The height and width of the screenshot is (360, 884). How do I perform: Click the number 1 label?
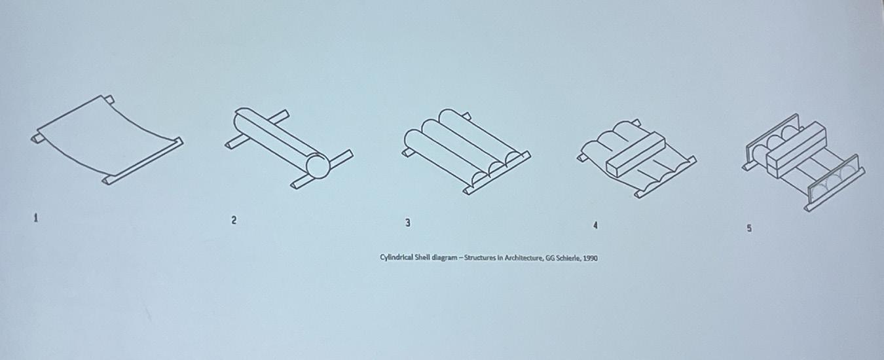click(36, 218)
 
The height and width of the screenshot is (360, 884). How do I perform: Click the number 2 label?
click(234, 220)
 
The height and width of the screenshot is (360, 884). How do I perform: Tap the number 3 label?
click(408, 223)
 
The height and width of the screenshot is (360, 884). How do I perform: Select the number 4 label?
click(595, 226)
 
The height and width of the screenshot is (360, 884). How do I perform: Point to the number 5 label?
click(748, 228)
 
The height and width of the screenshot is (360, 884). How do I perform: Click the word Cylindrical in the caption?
click(397, 257)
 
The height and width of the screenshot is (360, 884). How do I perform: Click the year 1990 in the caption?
click(591, 259)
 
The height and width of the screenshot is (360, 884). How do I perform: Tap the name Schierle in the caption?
click(568, 259)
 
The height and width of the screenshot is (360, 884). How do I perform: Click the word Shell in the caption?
click(422, 257)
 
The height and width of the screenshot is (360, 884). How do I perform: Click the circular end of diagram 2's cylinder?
click(318, 166)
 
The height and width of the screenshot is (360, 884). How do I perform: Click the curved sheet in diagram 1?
click(107, 135)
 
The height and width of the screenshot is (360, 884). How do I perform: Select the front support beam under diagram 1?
click(143, 161)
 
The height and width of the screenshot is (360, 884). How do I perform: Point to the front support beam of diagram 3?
click(497, 173)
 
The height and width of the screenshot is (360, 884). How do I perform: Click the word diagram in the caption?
click(445, 258)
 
